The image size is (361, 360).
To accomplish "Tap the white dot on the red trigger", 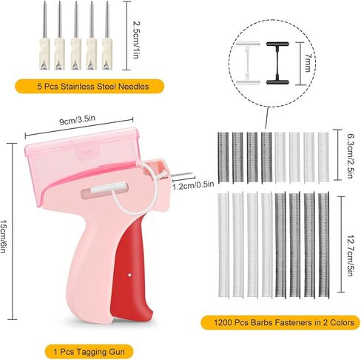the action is (129, 275).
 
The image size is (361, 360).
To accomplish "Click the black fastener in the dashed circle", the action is (277, 64).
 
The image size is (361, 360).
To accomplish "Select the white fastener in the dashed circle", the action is (248, 64).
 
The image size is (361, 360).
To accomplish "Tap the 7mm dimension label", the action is (308, 63).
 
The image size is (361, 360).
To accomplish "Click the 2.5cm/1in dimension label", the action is (136, 40).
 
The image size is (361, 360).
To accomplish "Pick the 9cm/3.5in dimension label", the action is (77, 120).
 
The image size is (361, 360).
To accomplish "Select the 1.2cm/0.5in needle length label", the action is (193, 185).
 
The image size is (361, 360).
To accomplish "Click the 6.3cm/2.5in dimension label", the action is (349, 156).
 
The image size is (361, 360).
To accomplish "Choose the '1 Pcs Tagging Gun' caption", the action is (90, 351).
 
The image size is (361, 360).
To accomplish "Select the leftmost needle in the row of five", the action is (45, 36).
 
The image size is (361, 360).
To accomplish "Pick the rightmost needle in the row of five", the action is (107, 36).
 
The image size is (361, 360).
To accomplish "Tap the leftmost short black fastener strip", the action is (223, 158).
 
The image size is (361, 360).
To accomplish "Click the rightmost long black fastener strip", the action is (324, 245).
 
